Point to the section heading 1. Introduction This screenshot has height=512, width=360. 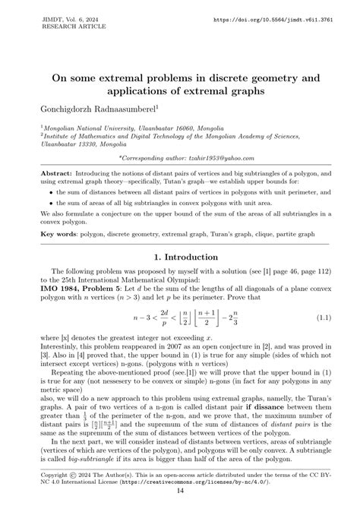(179, 257)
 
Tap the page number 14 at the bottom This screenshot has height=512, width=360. (179, 490)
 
